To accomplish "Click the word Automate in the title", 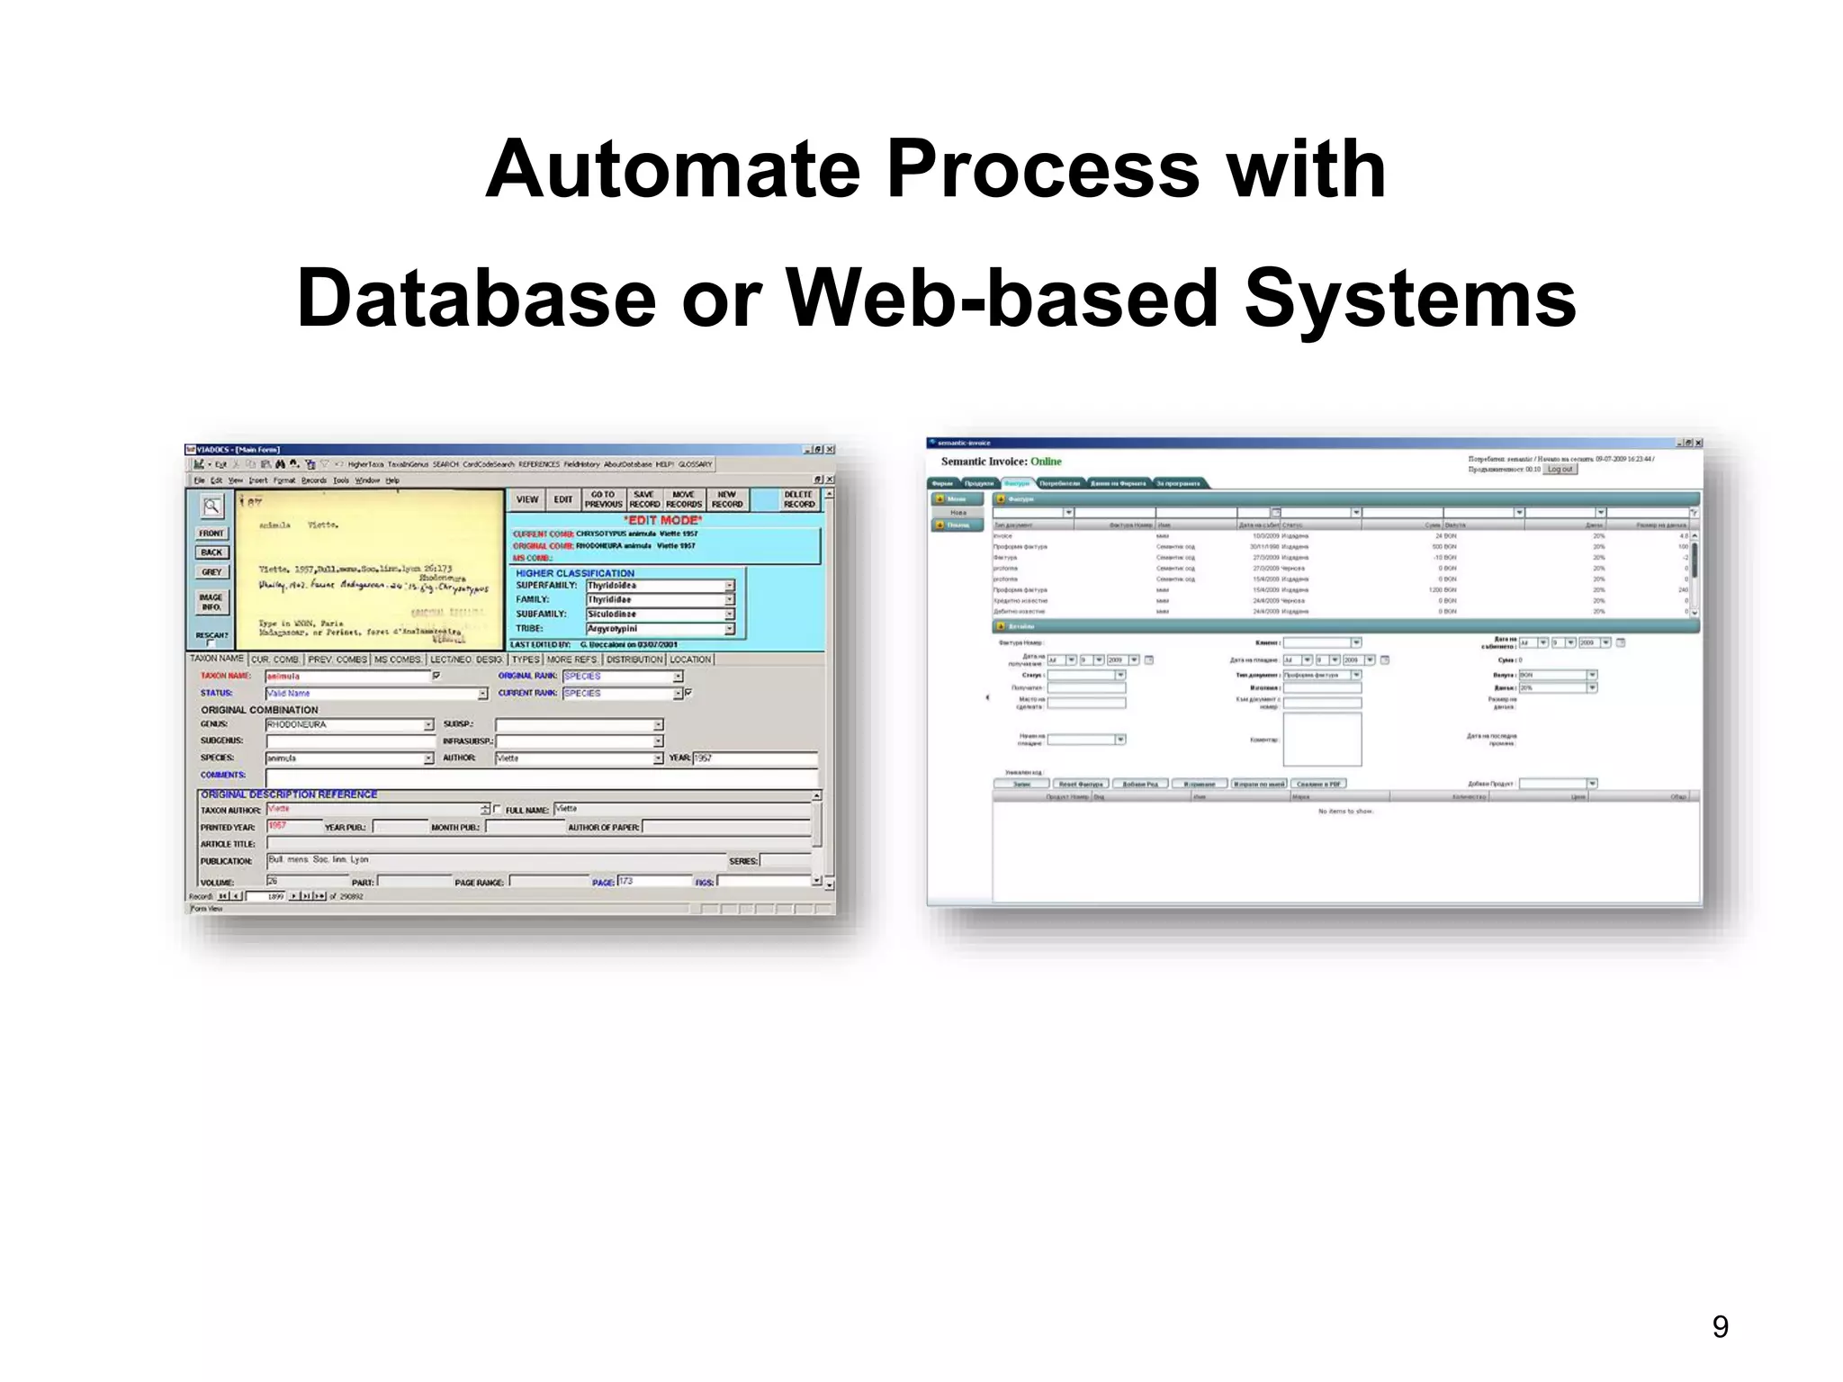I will pyautogui.click(x=673, y=170).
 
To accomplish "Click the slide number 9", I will pyautogui.click(x=1720, y=1326).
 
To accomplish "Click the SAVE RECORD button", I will pyautogui.click(x=644, y=499).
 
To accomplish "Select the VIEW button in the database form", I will pyautogui.click(x=527, y=499).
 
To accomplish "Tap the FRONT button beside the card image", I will pyautogui.click(x=211, y=533).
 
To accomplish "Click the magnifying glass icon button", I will pyautogui.click(x=211, y=507).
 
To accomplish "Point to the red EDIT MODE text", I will pyautogui.click(x=663, y=520).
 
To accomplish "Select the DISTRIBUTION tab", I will pyautogui.click(x=634, y=660).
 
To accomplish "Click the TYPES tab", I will pyautogui.click(x=526, y=660).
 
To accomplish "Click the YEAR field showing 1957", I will pyautogui.click(x=753, y=758).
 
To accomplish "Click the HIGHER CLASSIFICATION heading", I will pyautogui.click(x=574, y=573).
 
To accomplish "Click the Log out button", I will pyautogui.click(x=1560, y=469).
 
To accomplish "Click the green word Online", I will pyautogui.click(x=1046, y=462).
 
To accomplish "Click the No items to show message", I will pyautogui.click(x=1345, y=812).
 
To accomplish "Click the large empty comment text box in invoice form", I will pyautogui.click(x=1322, y=740).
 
